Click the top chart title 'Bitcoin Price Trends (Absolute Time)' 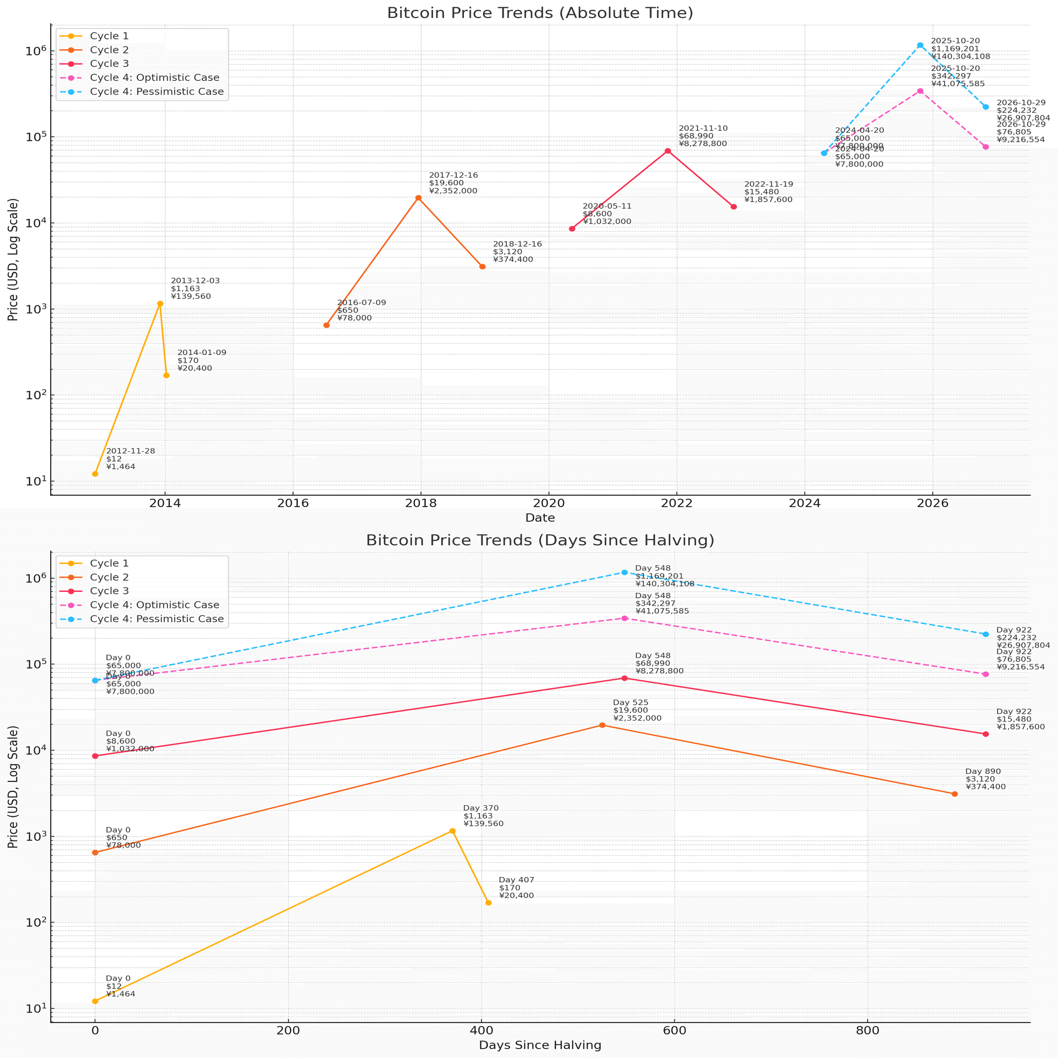coord(540,13)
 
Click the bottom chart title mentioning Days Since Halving coord(540,541)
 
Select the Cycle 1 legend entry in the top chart coord(109,36)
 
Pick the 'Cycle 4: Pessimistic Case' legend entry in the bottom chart coord(156,619)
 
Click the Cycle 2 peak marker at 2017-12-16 coord(418,198)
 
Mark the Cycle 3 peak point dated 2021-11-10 coord(668,151)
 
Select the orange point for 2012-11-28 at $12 coord(95,473)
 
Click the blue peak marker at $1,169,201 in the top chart coord(920,45)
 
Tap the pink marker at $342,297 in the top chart coord(920,91)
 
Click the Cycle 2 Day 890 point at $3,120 coord(954,793)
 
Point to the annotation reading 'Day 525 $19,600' coord(637,710)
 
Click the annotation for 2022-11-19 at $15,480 coord(768,191)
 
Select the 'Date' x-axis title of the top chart coord(540,517)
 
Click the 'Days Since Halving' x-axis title coord(540,1045)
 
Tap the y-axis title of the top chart coord(13,260)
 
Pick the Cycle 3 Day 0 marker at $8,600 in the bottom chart coord(95,756)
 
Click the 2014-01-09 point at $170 coord(167,375)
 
